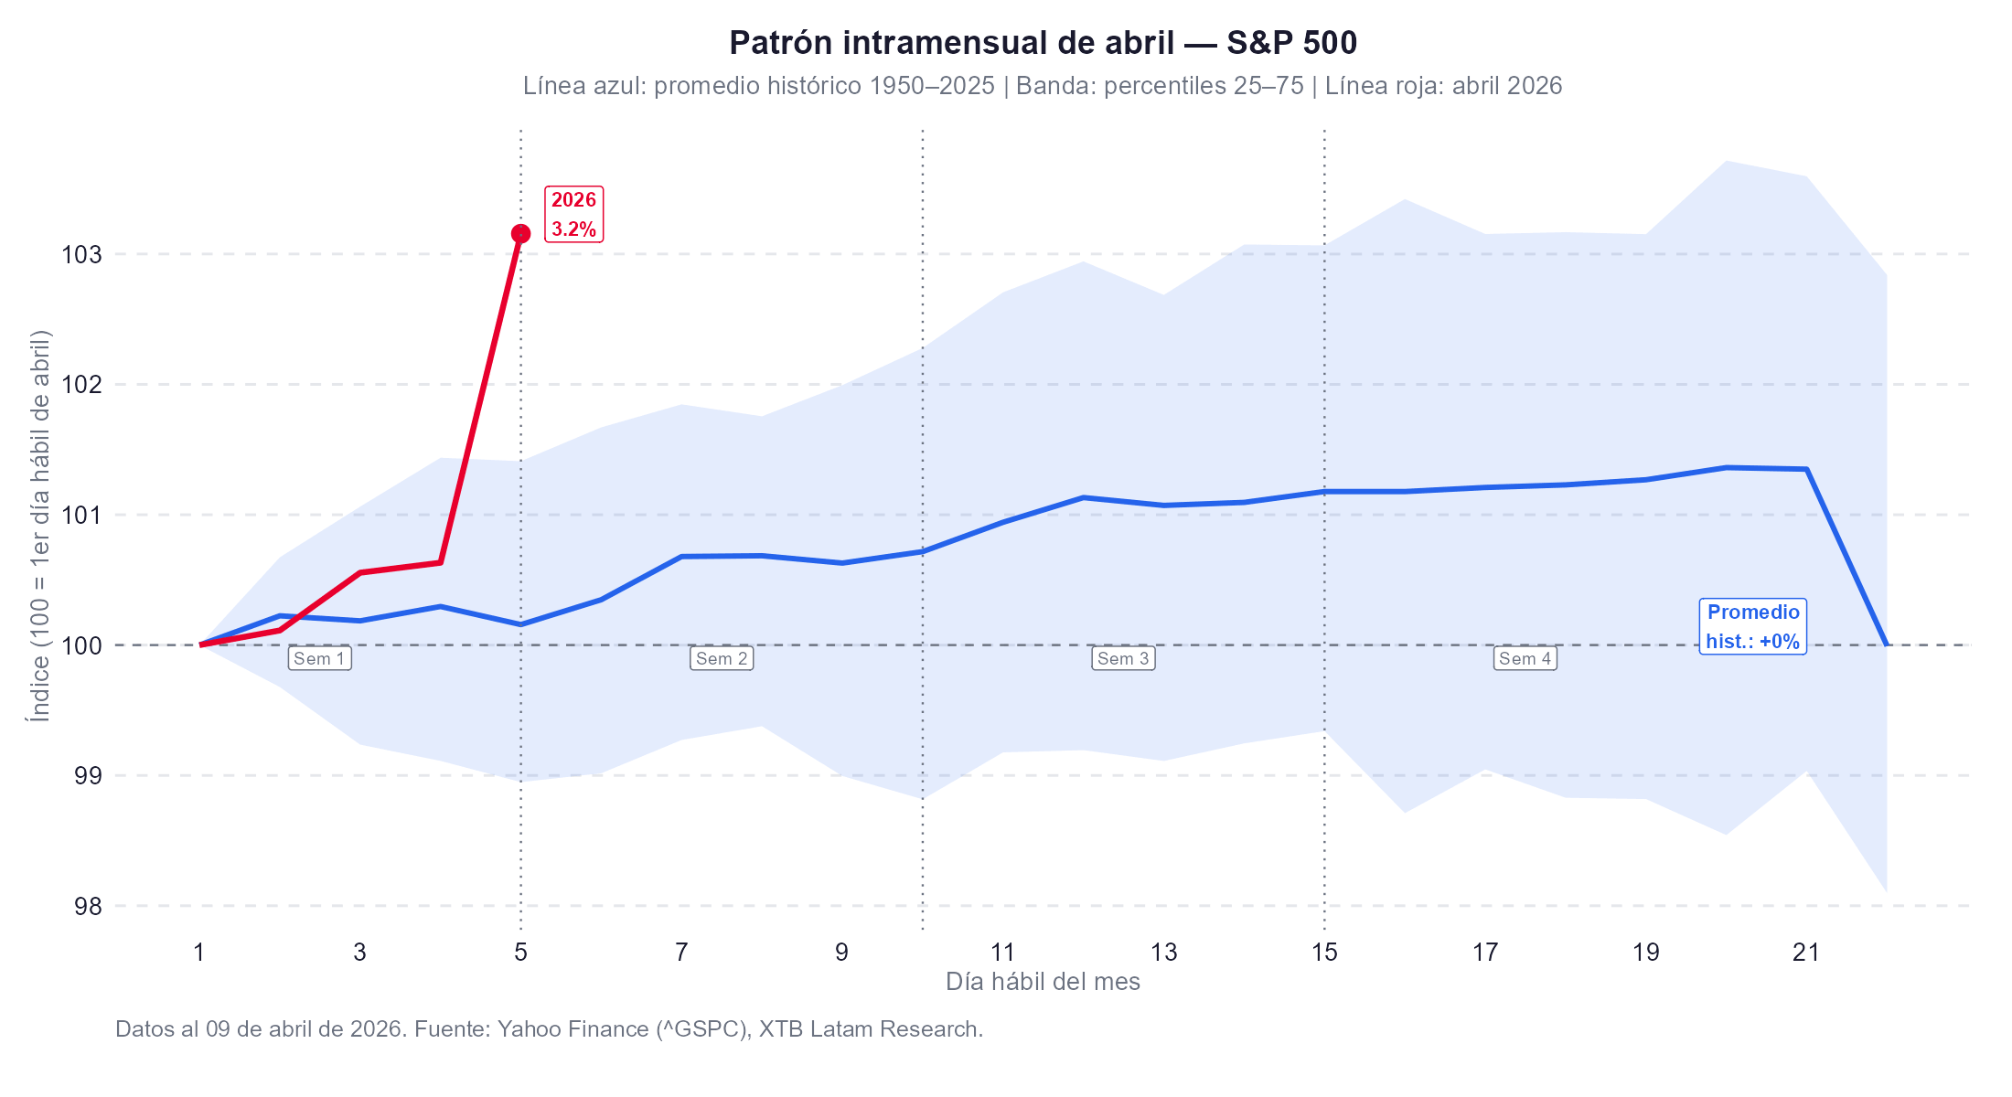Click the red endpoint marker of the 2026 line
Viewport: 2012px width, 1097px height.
pos(520,234)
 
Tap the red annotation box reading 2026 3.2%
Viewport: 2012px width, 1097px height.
pos(573,214)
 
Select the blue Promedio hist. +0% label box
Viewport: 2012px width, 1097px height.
pos(1752,626)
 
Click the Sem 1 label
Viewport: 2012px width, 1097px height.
pos(319,658)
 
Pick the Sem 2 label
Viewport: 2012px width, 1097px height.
pos(722,658)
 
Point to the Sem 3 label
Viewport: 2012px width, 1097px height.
pos(1123,658)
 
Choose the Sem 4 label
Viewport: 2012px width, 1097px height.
pos(1525,658)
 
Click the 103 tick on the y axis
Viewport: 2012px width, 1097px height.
pos(81,255)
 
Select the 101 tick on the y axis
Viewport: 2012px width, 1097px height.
pos(81,516)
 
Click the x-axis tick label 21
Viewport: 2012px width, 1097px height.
pos(1806,953)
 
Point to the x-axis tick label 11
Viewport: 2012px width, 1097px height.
pos(1002,953)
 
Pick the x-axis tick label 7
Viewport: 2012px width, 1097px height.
pos(681,953)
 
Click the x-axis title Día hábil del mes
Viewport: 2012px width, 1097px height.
pos(1043,982)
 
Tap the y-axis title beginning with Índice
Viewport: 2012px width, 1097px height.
pos(39,526)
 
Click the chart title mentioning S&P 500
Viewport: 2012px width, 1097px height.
pos(1043,43)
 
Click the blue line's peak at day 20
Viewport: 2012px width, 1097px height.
pos(1726,467)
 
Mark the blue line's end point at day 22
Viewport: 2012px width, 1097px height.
pos(1886,644)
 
